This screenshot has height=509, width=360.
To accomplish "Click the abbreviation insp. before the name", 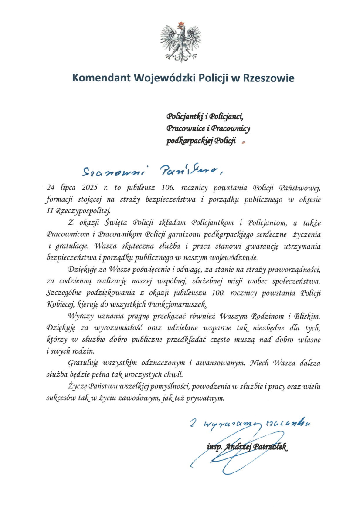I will (x=214, y=447).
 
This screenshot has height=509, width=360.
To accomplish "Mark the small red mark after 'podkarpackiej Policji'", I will (x=244, y=142).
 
